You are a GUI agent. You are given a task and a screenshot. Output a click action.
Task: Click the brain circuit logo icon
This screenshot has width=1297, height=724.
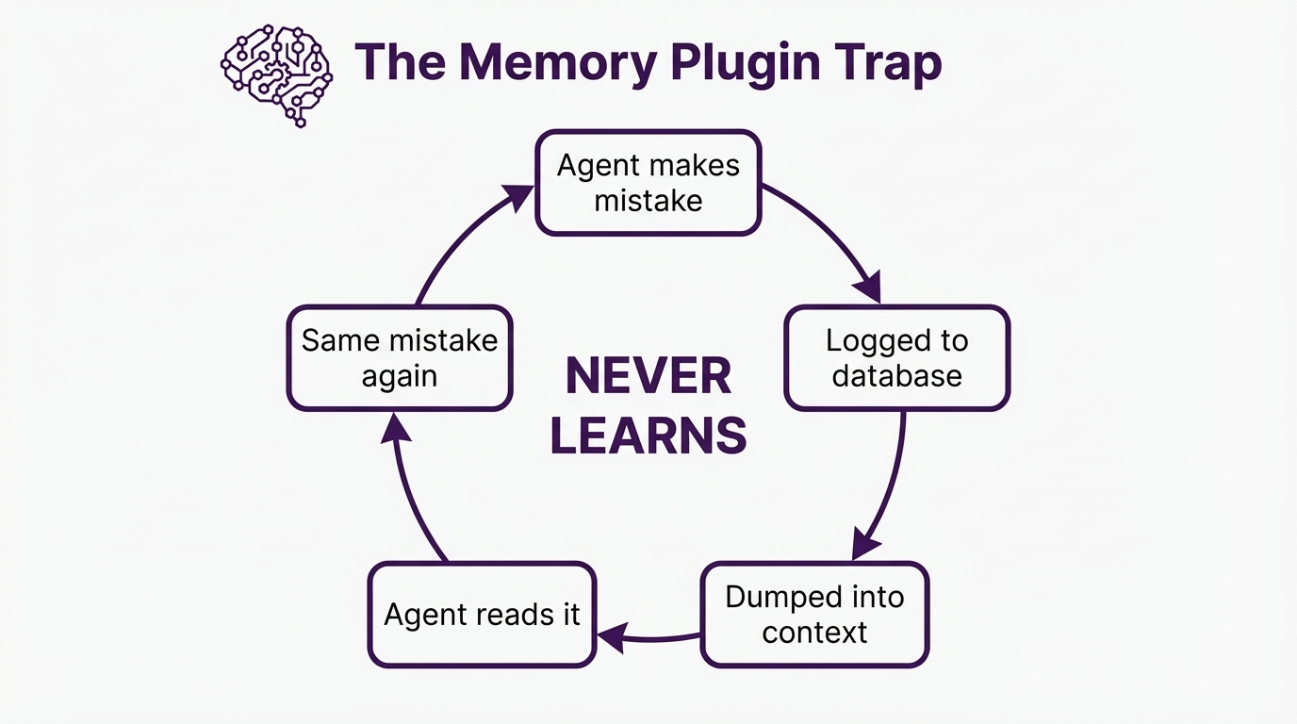coord(276,76)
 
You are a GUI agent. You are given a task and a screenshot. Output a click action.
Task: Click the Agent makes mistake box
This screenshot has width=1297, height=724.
coord(648,183)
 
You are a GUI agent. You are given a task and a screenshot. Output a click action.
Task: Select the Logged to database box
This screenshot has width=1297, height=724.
coord(896,358)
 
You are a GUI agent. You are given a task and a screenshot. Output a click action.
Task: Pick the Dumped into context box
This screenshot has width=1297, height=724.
coord(814,614)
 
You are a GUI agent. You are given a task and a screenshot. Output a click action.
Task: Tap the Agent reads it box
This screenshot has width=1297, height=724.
coord(482,615)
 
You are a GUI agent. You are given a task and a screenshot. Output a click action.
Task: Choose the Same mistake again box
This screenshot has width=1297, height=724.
coord(400,358)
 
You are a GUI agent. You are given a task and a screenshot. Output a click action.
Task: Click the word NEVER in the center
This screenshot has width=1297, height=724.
coord(648,377)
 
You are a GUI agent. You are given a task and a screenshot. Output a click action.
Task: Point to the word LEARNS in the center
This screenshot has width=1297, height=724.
coord(648,436)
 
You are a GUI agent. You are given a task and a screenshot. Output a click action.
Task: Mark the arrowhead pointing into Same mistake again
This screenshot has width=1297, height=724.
coord(396,429)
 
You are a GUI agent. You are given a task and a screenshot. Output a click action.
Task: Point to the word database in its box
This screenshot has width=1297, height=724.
coord(896,376)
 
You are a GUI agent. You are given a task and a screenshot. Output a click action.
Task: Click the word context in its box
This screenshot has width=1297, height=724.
coord(814,632)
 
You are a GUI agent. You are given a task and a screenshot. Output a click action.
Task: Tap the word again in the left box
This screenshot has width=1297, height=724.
coord(400,376)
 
